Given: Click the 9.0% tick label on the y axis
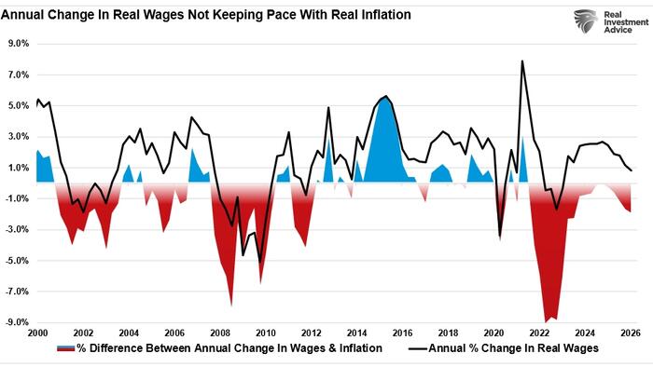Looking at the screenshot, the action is tap(19, 44).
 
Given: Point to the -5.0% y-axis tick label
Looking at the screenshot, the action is tap(17, 261).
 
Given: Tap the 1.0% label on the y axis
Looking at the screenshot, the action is tap(19, 168).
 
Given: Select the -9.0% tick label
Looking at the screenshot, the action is tap(17, 322).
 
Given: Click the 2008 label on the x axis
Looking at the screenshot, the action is tap(220, 333).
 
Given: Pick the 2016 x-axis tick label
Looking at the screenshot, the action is tap(402, 333).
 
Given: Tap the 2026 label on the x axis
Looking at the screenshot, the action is tap(631, 333).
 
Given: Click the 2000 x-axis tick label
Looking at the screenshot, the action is tap(37, 333).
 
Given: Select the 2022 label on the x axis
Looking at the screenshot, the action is tap(539, 333).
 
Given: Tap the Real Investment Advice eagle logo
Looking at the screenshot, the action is tap(586, 21).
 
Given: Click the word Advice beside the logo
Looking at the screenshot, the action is tap(618, 30).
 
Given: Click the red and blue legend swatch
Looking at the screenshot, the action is tap(66, 347).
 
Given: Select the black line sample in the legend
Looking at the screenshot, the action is tap(418, 348).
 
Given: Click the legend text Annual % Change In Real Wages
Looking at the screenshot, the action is tap(513, 347).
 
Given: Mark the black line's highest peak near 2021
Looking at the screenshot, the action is tap(521, 61).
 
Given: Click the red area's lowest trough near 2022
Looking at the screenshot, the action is tap(546, 321).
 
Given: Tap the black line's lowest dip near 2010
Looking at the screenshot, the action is tap(260, 263).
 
